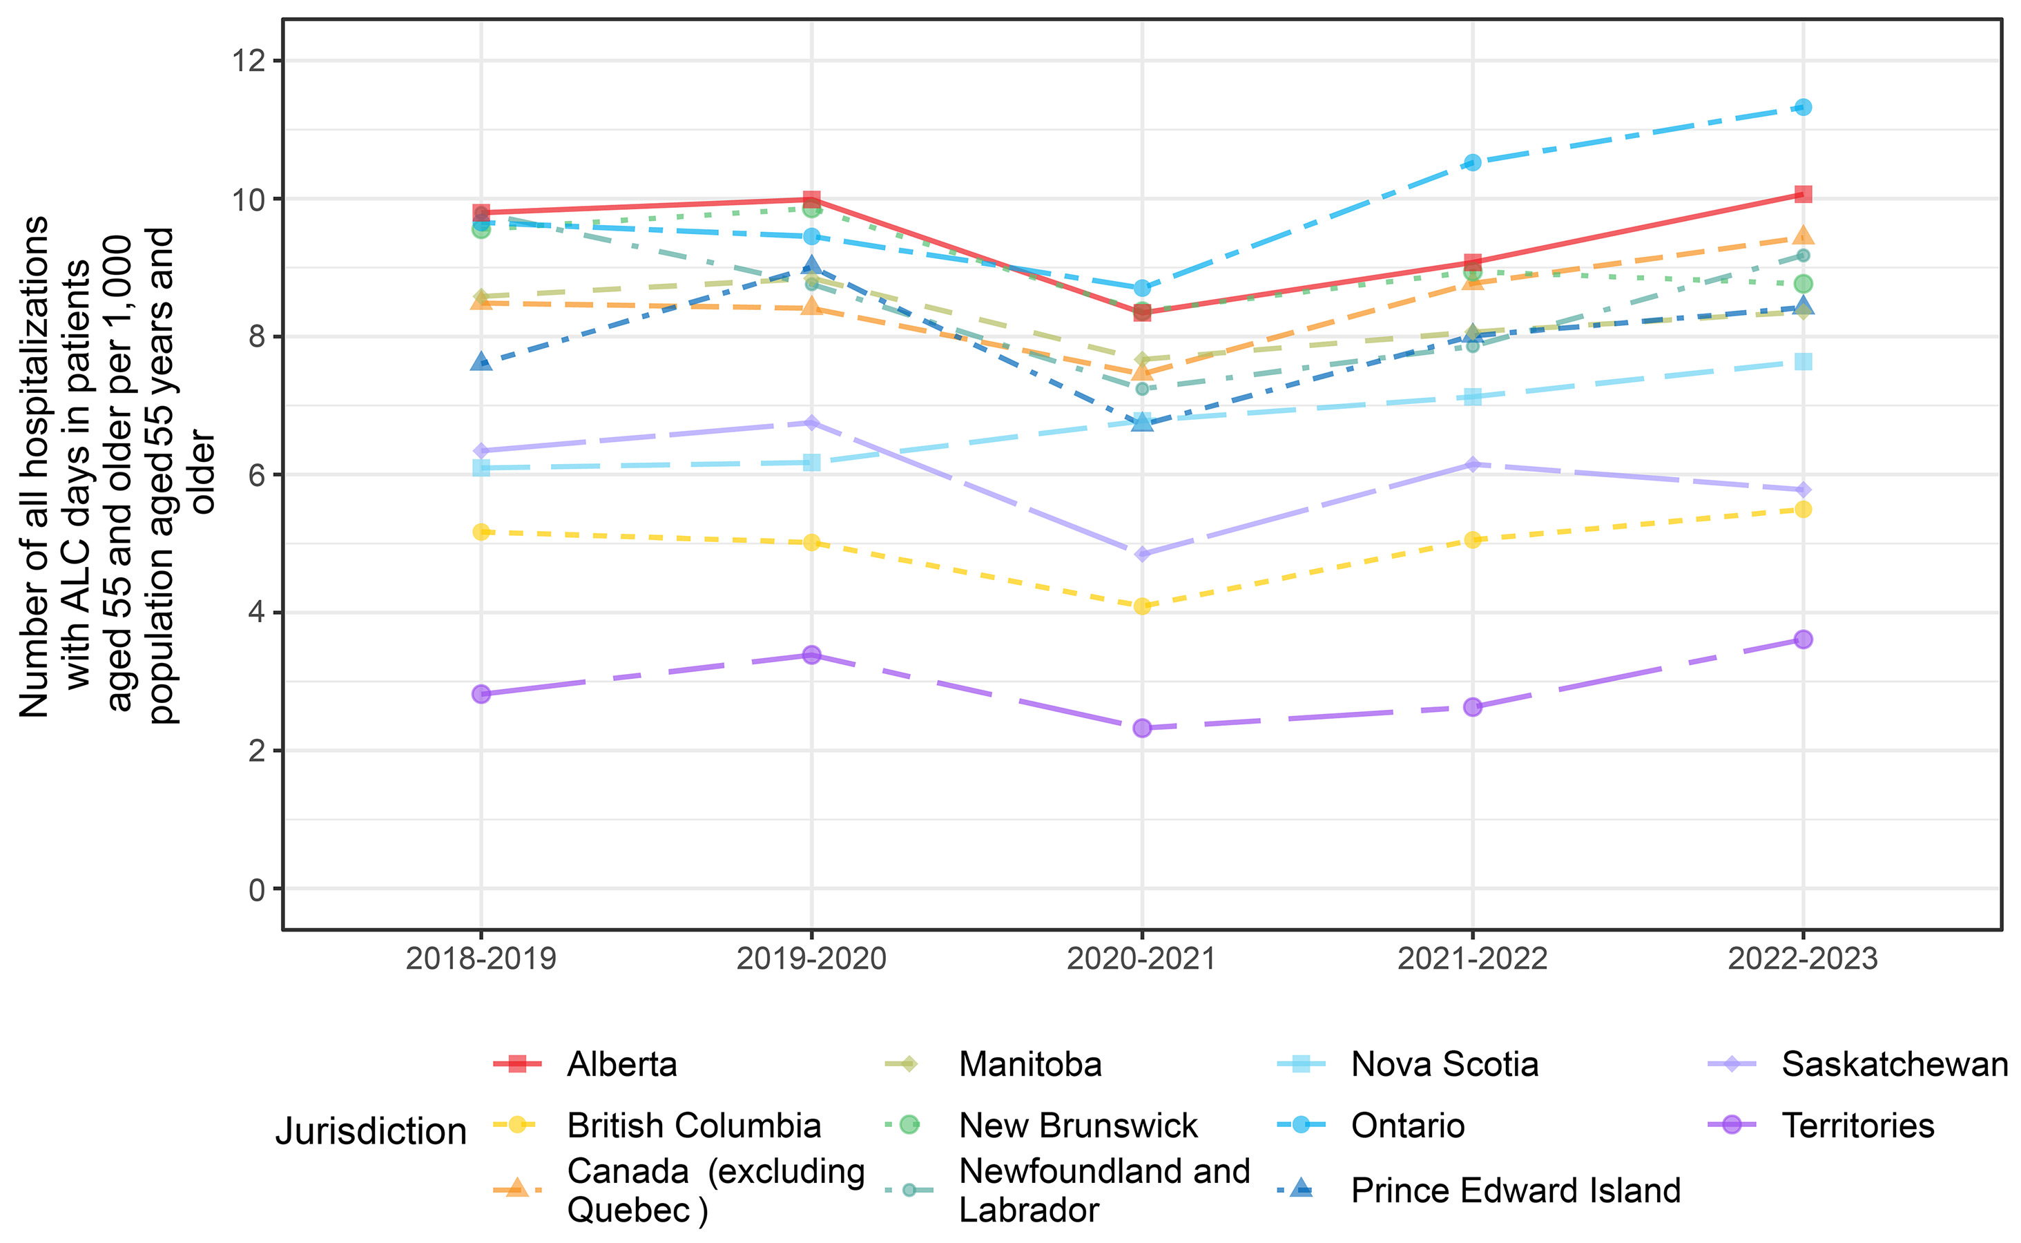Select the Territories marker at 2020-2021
pos(1141,728)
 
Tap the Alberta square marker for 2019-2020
pos(811,199)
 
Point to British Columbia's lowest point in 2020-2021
pos(1141,606)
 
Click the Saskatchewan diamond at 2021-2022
pos(1472,465)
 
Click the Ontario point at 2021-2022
pos(1472,162)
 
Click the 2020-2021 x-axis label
pos(1141,958)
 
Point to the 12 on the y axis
pos(250,61)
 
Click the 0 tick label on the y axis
pos(258,889)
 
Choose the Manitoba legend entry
pos(1029,1065)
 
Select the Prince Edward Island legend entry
pos(1515,1191)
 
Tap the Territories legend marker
pos(1731,1125)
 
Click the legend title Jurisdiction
pos(371,1131)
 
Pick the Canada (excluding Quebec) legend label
pos(715,1191)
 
